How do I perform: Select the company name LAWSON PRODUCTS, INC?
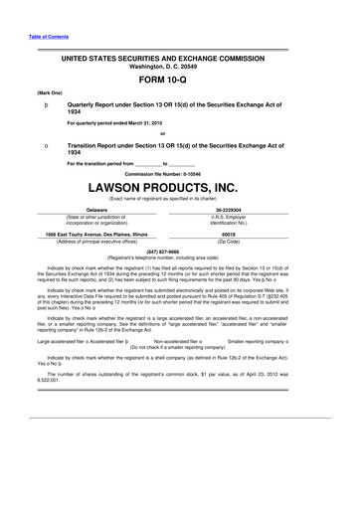pos(180,185)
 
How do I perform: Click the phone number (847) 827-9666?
pos(180,252)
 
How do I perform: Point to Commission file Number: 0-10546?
pos(180,171)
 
